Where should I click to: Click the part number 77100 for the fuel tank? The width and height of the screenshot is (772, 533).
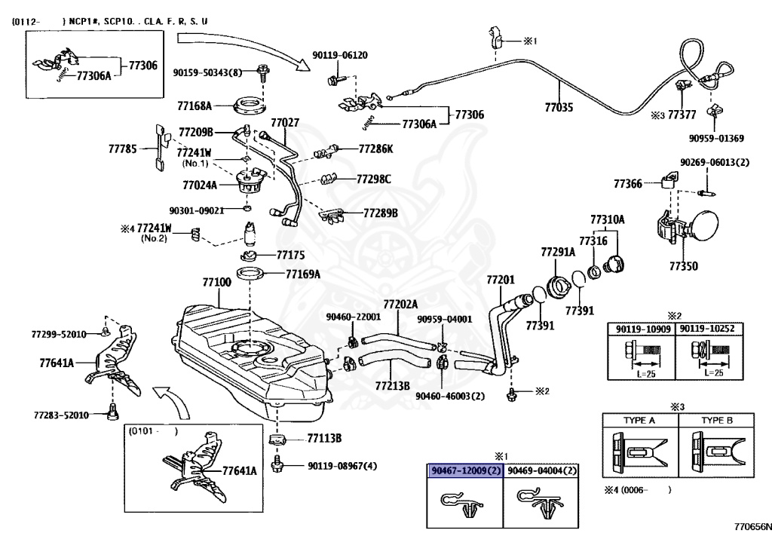tap(216, 282)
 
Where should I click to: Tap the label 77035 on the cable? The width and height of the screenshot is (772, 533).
tap(559, 108)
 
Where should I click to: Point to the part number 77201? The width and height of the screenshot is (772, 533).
tap(500, 280)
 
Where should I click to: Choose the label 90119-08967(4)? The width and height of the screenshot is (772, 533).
tap(342, 467)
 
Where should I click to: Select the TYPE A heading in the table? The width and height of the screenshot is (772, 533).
tap(639, 421)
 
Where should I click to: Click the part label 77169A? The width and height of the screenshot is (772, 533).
tap(302, 274)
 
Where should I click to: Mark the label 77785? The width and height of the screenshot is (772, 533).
tap(122, 149)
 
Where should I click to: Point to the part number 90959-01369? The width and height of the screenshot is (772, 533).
tap(716, 138)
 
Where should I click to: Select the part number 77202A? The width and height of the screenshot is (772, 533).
tap(400, 304)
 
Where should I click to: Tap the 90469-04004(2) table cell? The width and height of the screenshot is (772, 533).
tap(542, 471)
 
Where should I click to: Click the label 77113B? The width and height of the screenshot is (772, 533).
tap(324, 437)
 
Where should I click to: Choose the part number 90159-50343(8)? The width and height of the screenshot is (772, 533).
tap(207, 72)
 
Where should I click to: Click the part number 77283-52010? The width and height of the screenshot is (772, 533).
tap(61, 415)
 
